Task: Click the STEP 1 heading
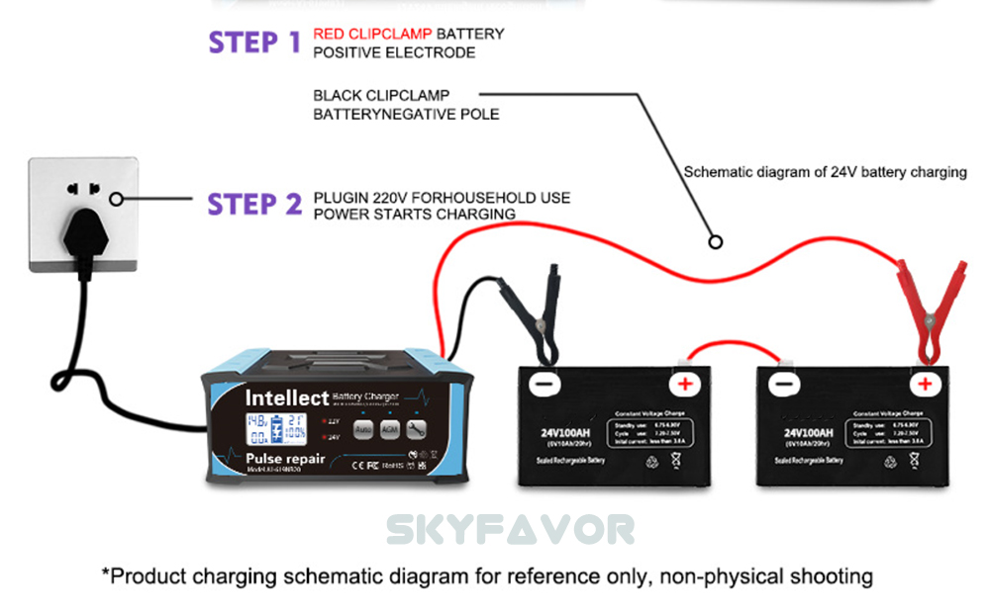click(x=253, y=42)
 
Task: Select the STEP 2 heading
click(x=253, y=204)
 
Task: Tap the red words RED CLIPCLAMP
click(x=372, y=34)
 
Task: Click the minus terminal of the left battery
click(x=543, y=384)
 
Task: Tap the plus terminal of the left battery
click(x=683, y=384)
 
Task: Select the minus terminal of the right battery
click(x=783, y=384)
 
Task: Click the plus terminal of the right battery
click(x=924, y=384)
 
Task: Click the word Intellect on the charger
click(x=286, y=397)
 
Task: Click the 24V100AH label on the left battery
click(x=564, y=432)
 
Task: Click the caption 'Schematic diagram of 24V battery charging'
click(x=825, y=172)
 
